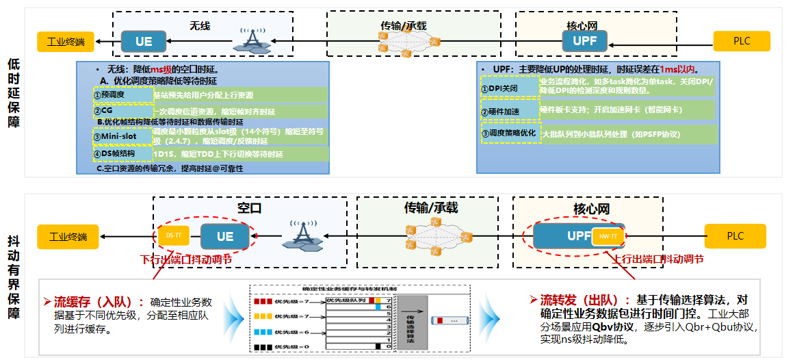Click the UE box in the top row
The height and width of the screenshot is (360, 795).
coord(144,42)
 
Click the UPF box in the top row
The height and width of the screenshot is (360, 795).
coord(584,42)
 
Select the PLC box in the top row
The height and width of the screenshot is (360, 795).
coord(742,41)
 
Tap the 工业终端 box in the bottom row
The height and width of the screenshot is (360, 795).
coord(68,237)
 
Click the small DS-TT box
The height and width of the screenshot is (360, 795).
coord(174,235)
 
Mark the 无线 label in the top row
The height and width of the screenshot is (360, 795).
coord(200,26)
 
